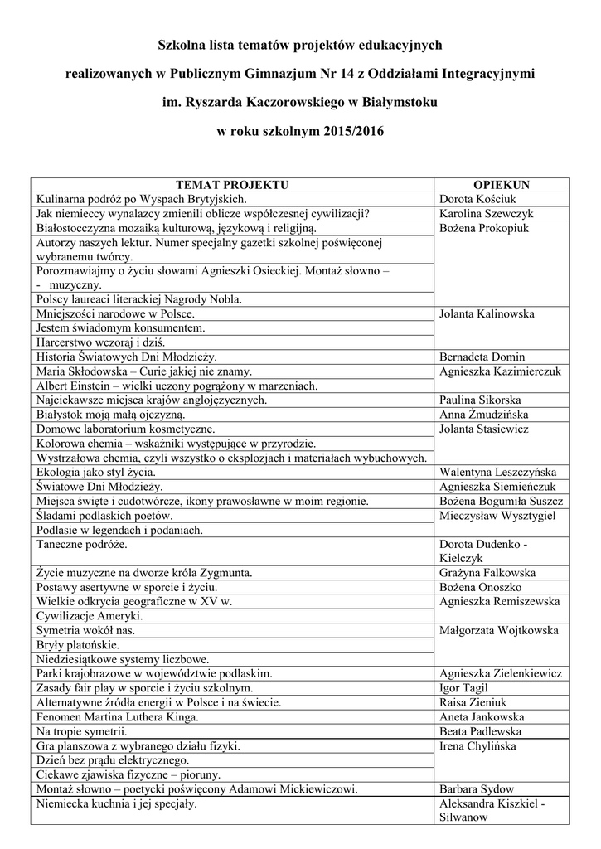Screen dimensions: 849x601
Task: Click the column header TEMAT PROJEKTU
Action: click(232, 185)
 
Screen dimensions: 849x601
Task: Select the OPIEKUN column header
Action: click(501, 185)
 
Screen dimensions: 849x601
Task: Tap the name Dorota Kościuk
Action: click(479, 199)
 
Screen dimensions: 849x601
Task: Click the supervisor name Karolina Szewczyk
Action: click(486, 213)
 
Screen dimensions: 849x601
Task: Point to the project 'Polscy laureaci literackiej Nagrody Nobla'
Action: click(138, 299)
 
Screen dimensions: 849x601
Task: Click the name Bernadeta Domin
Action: click(482, 357)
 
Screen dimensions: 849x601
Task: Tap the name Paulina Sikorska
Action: click(482, 400)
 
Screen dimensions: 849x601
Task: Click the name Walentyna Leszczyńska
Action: click(497, 472)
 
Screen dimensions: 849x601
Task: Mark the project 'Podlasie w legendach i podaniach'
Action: click(119, 529)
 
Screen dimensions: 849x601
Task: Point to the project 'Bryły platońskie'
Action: click(77, 644)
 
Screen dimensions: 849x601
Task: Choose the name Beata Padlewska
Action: click(481, 731)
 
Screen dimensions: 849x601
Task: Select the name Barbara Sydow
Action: click(477, 788)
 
